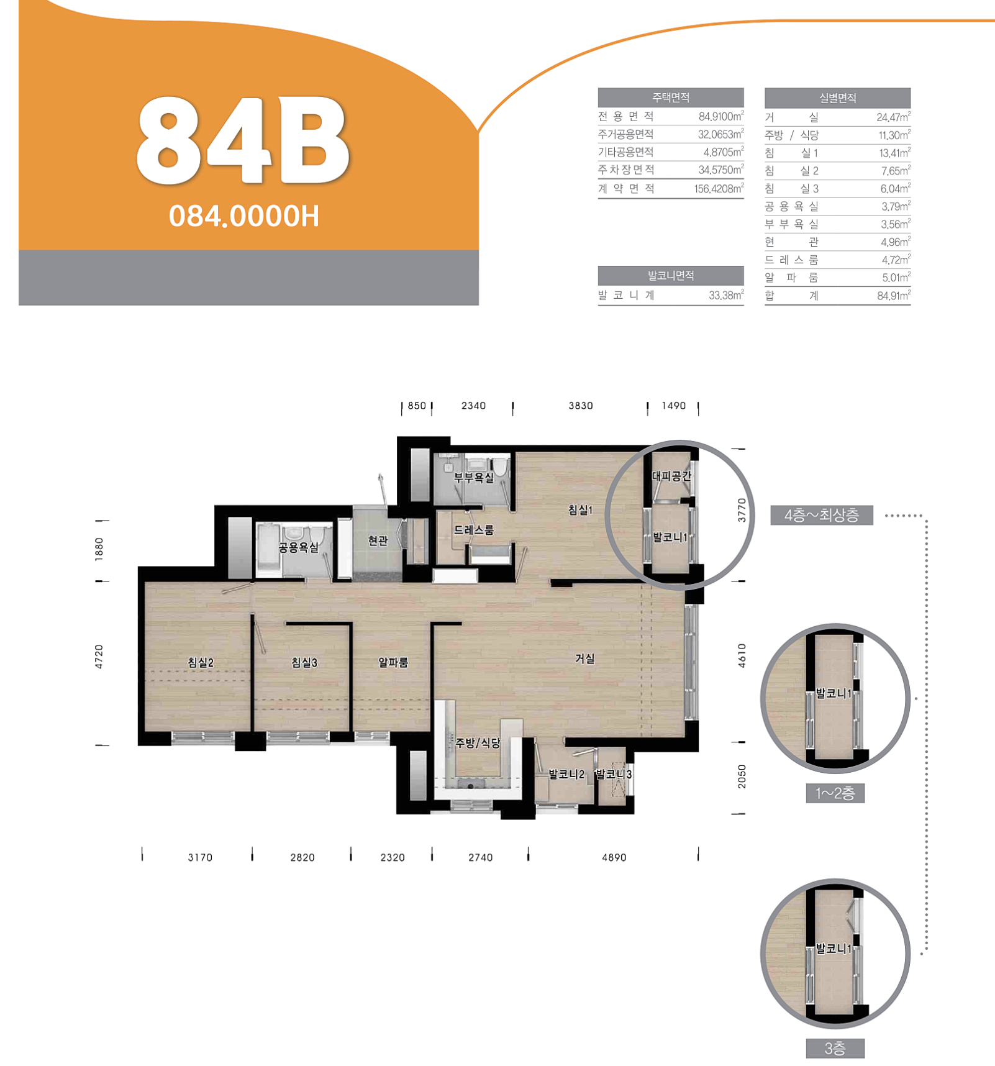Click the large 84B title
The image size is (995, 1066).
coord(243,140)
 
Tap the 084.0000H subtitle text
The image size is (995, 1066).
coord(244,216)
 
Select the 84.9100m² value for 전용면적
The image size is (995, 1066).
coord(721,116)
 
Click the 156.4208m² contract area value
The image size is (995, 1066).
coord(719,188)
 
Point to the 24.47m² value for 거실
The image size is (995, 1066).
coord(894,117)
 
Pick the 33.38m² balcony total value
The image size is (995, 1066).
coord(726,295)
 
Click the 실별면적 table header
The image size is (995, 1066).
coord(837,98)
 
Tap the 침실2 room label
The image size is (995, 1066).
coord(201,663)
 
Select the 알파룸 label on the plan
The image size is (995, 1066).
coord(393,663)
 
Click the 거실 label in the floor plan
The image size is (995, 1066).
coord(585,658)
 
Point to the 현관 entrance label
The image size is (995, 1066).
coord(378,541)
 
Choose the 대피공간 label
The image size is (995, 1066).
coord(671,476)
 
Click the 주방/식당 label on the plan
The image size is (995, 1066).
coord(478,743)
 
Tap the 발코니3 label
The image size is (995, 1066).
coord(614,775)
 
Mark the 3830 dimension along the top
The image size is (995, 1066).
coord(581,406)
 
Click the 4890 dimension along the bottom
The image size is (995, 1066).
coord(614,857)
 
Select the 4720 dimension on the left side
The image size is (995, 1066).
coord(99,657)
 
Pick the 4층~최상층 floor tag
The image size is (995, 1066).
coord(822,515)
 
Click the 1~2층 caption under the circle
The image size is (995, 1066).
coord(835,793)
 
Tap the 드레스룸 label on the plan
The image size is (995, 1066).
coord(474,530)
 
